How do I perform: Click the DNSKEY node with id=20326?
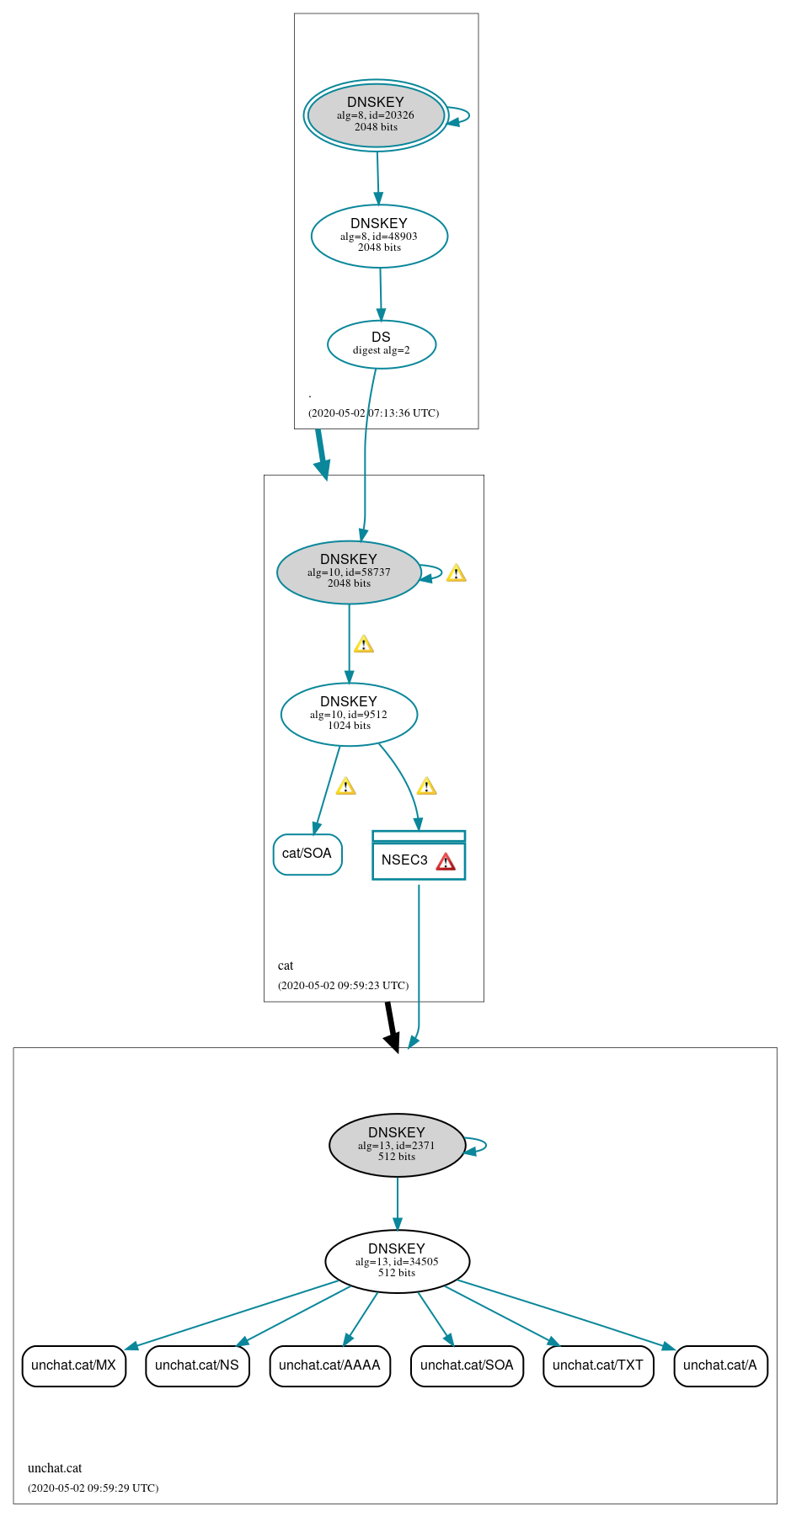[376, 115]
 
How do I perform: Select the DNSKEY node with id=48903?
[379, 236]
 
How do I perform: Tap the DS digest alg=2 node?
[381, 343]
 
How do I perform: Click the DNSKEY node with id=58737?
[349, 572]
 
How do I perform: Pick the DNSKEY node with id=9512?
[349, 714]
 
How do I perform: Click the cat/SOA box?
[307, 854]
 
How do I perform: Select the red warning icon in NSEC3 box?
[446, 861]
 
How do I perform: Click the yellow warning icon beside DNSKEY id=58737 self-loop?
[456, 573]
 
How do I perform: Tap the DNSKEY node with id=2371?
[397, 1145]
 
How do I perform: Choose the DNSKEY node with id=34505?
[397, 1261]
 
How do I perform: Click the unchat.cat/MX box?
[74, 1365]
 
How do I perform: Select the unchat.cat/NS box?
[197, 1365]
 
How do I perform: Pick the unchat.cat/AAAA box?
[329, 1365]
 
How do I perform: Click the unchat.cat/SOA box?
[467, 1365]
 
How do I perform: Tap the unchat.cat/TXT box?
[598, 1365]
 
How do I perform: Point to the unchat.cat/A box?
[720, 1365]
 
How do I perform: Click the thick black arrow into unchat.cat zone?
[391, 1027]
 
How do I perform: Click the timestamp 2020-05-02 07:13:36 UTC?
[373, 413]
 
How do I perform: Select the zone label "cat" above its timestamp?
[286, 966]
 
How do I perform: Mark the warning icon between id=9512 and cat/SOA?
[345, 786]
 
